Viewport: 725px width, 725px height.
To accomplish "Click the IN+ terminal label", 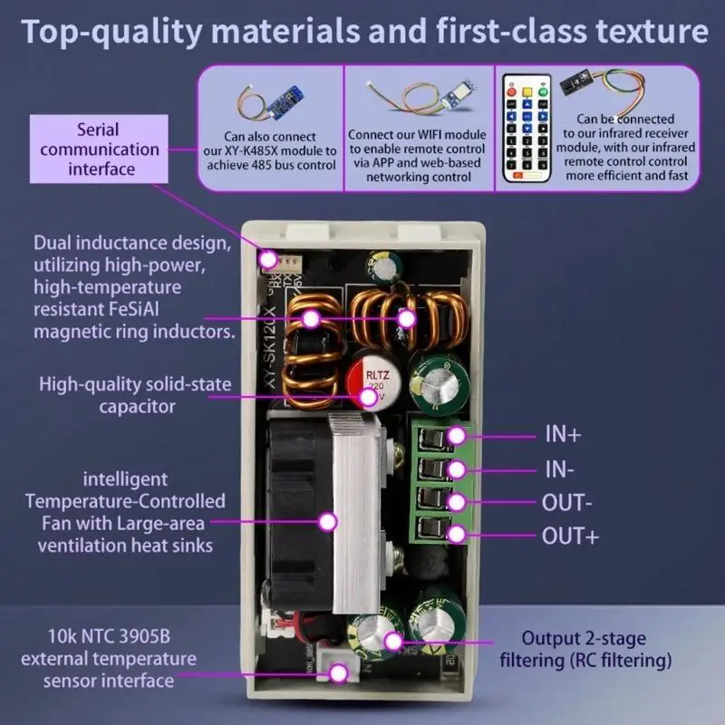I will pyautogui.click(x=562, y=434).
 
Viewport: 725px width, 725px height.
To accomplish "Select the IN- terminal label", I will pyautogui.click(x=560, y=469).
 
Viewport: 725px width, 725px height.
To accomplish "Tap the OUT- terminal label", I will pyautogui.click(x=567, y=501).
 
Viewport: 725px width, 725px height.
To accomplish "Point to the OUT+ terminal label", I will pyautogui.click(x=570, y=535).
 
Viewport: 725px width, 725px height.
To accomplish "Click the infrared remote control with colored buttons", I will pyautogui.click(x=527, y=126).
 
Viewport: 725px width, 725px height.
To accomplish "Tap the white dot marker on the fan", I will pyautogui.click(x=327, y=520).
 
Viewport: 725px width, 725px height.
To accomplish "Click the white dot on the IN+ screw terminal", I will pyautogui.click(x=457, y=435).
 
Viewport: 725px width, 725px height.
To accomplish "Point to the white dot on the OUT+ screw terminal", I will pyautogui.click(x=457, y=534).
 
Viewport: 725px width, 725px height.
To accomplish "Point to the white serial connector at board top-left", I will pyautogui.click(x=270, y=260).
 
